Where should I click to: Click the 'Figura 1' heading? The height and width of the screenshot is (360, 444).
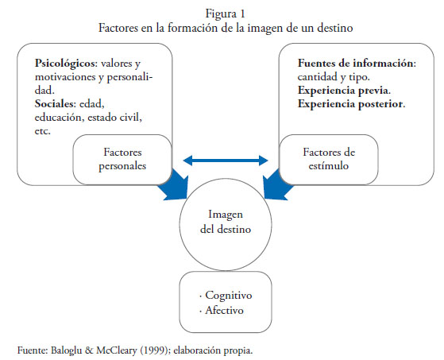pyautogui.click(x=225, y=14)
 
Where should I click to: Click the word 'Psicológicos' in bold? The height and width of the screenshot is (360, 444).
pyautogui.click(x=64, y=63)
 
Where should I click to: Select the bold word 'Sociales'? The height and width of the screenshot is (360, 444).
pyautogui.click(x=54, y=104)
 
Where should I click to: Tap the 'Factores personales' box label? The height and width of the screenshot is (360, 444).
pyautogui.click(x=122, y=159)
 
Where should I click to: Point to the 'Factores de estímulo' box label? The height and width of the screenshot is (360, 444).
pyautogui.click(x=329, y=159)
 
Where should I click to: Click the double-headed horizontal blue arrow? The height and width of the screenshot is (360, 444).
pyautogui.click(x=226, y=161)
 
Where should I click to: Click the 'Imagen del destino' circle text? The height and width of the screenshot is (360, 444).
pyautogui.click(x=226, y=222)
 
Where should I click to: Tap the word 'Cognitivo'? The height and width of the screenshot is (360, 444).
pyautogui.click(x=229, y=296)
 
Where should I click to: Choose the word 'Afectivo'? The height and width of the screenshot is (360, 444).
pyautogui.click(x=224, y=310)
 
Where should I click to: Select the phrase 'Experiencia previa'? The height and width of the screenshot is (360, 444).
pyautogui.click(x=343, y=91)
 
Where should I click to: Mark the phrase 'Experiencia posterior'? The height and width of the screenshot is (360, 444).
pyautogui.click(x=350, y=104)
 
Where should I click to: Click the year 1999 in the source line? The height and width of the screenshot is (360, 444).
pyautogui.click(x=154, y=350)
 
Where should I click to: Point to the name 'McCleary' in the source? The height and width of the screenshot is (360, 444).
pyautogui.click(x=117, y=350)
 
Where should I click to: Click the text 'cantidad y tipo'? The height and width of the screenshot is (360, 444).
pyautogui.click(x=333, y=77)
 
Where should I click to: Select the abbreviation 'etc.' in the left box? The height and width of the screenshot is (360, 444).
pyautogui.click(x=42, y=131)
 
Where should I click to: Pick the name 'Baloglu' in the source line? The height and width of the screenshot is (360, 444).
pyautogui.click(x=66, y=350)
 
